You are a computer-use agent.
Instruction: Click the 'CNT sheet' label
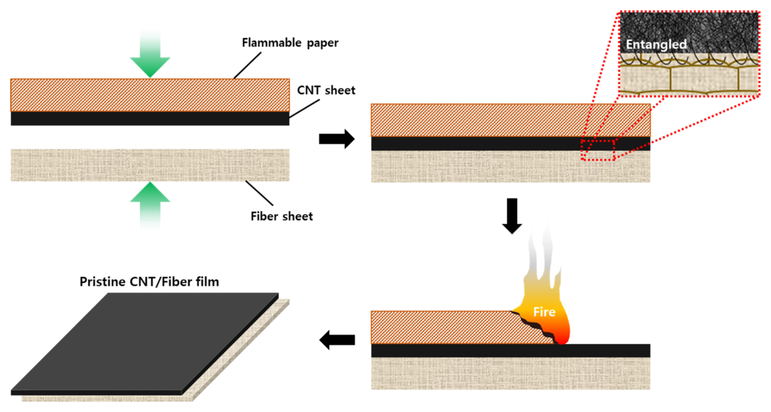point(326,90)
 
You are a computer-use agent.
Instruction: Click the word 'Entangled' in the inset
point(656,45)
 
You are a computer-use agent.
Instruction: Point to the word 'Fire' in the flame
point(545,313)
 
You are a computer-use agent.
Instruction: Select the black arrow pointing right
point(336,140)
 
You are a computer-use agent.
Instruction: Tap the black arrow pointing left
point(337,339)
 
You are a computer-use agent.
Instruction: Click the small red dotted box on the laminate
point(597,149)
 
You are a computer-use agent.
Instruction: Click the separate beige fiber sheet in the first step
point(150,165)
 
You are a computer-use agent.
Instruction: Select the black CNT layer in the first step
point(150,118)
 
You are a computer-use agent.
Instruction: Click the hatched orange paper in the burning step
point(441,327)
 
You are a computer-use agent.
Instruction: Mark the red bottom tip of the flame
point(563,337)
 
